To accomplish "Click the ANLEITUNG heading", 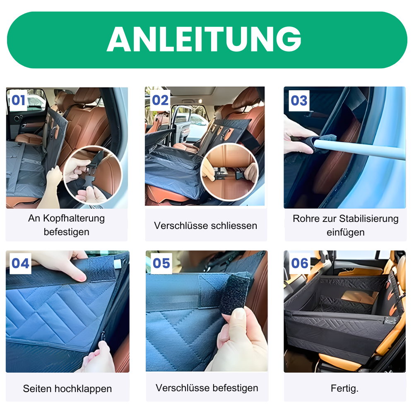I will click(x=204, y=40).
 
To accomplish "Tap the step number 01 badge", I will click(x=18, y=101).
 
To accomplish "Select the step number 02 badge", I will click(x=160, y=101).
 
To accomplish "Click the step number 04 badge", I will click(x=20, y=263).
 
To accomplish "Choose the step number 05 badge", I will click(x=161, y=263).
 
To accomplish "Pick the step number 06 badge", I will click(x=300, y=263).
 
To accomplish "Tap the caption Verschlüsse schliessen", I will click(x=205, y=226).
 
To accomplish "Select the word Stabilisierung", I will click(x=368, y=219).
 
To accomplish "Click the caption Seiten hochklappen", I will click(x=67, y=389).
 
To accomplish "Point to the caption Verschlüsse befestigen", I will click(x=207, y=388).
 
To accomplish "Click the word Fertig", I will click(x=344, y=389).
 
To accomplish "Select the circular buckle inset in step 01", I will click(x=93, y=176).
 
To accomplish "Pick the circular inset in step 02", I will click(x=229, y=172).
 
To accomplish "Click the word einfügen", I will click(x=345, y=232).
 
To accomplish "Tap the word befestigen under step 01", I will click(x=66, y=232).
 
